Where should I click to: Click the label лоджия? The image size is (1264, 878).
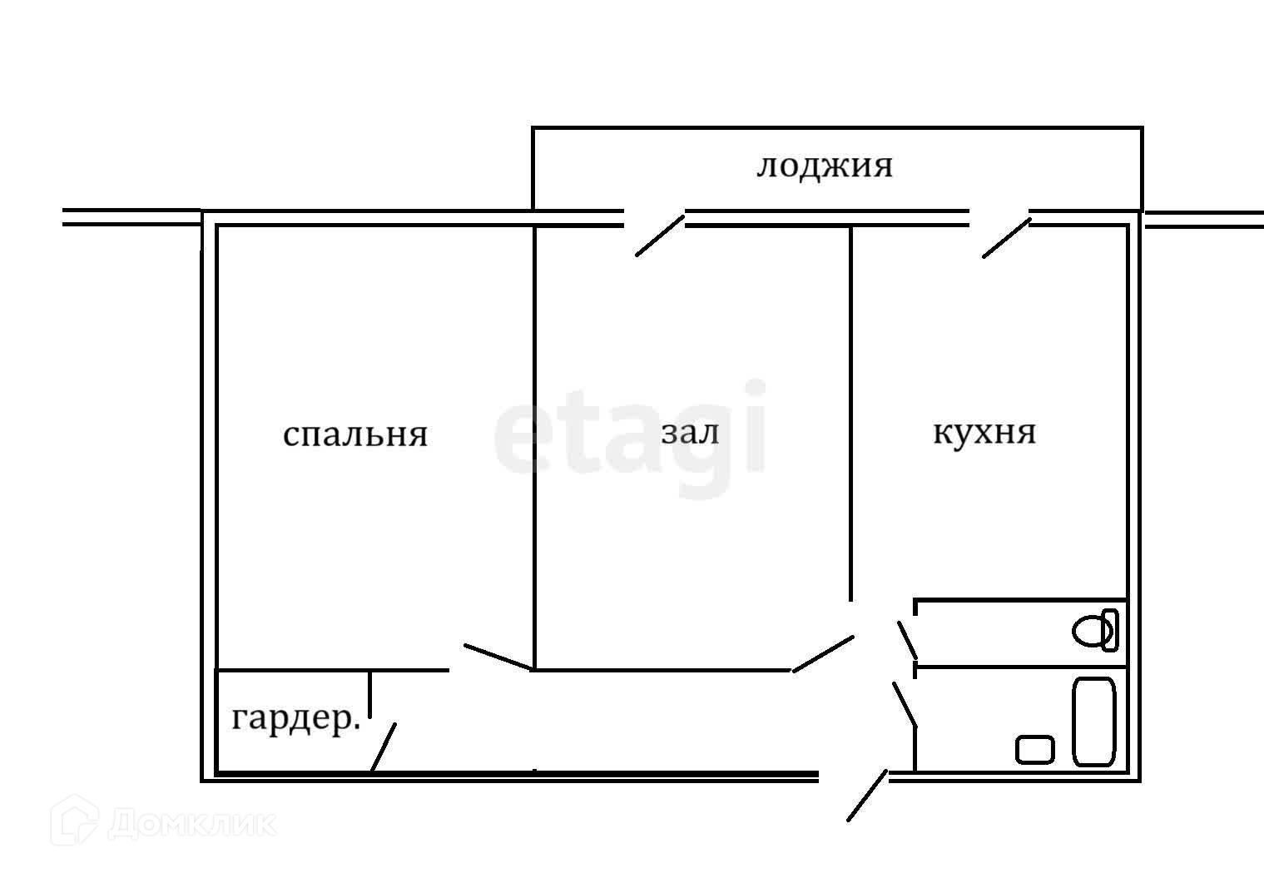[x=824, y=166]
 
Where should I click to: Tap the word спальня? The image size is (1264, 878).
[x=355, y=434]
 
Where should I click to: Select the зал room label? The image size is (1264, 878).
[x=690, y=432]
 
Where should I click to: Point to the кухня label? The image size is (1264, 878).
[x=984, y=432]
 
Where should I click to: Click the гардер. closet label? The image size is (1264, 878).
[x=295, y=718]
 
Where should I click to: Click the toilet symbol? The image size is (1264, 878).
[x=1095, y=630]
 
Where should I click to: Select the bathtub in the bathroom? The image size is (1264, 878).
[x=1093, y=722]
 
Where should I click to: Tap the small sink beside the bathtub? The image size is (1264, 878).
[x=1034, y=749]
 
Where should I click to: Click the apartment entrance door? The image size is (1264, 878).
[x=867, y=796]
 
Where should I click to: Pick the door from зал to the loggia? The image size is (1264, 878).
[x=660, y=236]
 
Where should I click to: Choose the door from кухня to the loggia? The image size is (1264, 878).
[x=1006, y=238]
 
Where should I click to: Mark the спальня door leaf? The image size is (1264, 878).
[x=498, y=657]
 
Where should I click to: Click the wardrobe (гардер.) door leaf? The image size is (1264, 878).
[x=383, y=747]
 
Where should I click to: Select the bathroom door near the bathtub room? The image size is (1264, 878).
[x=905, y=704]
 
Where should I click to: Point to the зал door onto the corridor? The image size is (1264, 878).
[x=823, y=653]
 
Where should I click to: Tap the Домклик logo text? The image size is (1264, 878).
[x=191, y=824]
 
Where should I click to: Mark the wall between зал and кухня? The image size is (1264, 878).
[x=850, y=412]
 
